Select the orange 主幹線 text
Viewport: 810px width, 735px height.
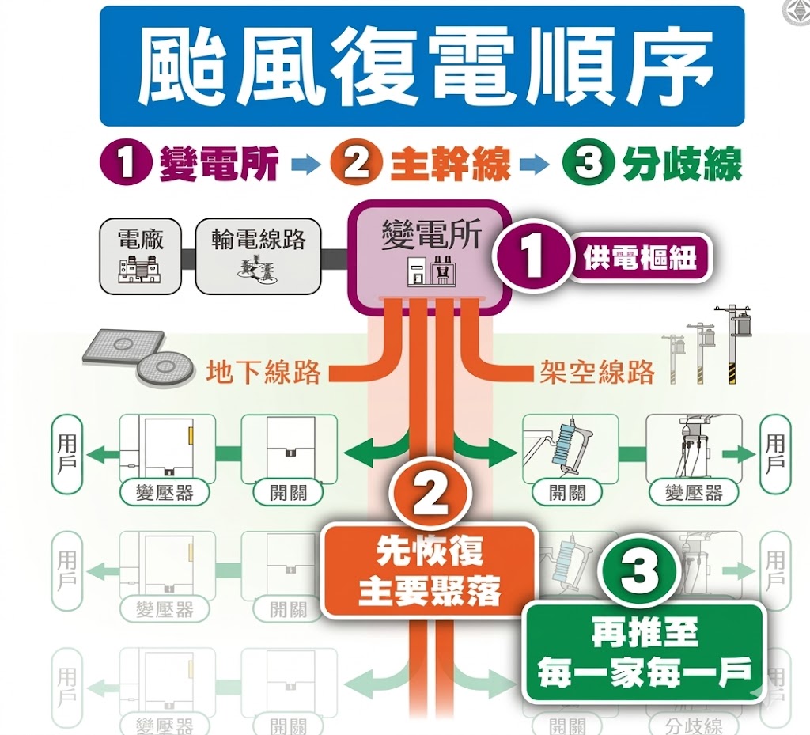(450, 165)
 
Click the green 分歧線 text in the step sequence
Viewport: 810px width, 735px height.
(681, 165)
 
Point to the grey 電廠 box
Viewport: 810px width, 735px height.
(140, 256)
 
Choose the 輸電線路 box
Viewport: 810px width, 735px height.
(258, 256)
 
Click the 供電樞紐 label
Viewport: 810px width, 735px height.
(641, 258)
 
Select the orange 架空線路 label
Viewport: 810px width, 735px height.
(597, 372)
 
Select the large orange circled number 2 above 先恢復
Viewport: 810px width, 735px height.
(430, 497)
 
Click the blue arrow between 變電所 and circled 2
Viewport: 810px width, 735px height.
(305, 165)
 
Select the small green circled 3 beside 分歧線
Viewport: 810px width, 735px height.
(589, 165)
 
